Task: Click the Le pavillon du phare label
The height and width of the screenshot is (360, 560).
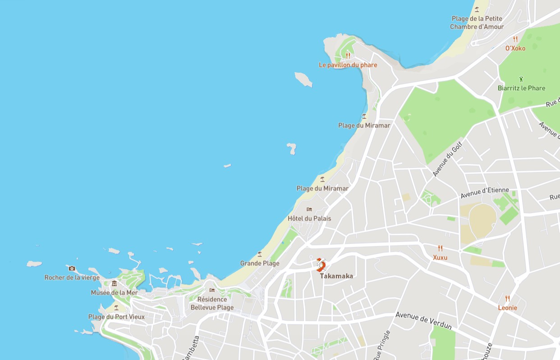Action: tap(348, 65)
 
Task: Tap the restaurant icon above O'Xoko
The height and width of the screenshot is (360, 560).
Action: tap(515, 39)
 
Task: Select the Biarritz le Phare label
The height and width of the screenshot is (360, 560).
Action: tap(521, 88)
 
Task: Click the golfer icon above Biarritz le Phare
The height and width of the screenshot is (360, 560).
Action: tap(521, 78)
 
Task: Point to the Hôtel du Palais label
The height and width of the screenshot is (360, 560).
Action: tap(309, 218)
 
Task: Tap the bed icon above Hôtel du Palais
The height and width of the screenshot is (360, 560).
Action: tap(309, 209)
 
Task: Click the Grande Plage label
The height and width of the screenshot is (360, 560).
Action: tap(260, 263)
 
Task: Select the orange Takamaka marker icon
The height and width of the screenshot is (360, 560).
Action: tap(321, 264)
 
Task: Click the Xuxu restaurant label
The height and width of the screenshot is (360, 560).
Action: tap(440, 257)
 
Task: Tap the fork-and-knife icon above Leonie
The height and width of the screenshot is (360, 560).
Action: tap(508, 298)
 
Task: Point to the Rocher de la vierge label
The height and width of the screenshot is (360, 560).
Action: tap(72, 277)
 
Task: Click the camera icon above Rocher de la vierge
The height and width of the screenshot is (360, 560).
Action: tap(72, 268)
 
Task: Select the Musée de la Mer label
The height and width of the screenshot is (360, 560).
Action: tap(114, 292)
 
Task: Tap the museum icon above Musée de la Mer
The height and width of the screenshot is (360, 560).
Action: tap(114, 283)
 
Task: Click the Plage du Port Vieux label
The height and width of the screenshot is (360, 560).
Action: tap(116, 317)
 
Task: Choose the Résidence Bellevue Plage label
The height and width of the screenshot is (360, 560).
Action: tap(212, 303)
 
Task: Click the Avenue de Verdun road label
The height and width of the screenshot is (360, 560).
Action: tap(423, 321)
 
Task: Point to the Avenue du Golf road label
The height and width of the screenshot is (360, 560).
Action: tap(448, 158)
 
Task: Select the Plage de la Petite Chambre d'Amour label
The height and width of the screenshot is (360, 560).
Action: tap(477, 23)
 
